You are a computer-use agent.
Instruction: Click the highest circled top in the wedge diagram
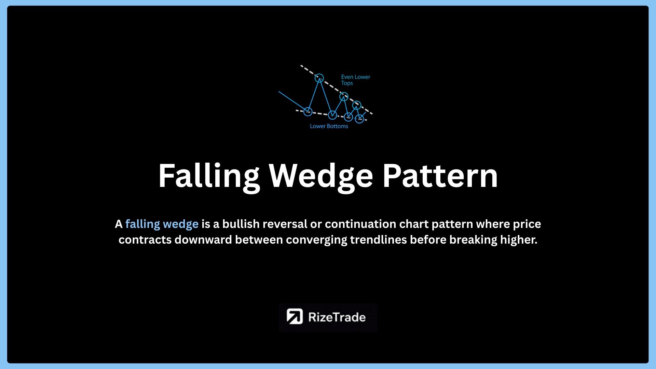click(319, 74)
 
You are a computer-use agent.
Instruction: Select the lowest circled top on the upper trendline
click(357, 101)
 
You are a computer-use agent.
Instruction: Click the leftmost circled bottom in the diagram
click(308, 115)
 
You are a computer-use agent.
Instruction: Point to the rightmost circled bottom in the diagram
click(359, 123)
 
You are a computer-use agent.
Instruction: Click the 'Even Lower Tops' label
click(355, 80)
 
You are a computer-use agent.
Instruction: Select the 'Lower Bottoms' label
click(329, 126)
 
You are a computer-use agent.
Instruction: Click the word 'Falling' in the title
click(209, 177)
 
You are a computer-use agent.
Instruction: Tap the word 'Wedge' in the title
click(321, 177)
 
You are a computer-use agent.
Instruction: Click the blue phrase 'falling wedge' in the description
click(162, 224)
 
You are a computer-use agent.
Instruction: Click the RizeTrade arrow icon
click(295, 316)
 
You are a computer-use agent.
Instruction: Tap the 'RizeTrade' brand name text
click(337, 317)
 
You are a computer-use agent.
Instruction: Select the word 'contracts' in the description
click(145, 240)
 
